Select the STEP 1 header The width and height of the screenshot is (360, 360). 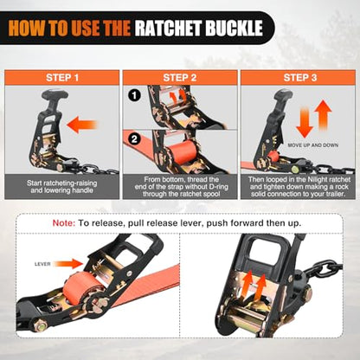coord(62,78)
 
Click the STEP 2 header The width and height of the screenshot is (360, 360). coord(180,78)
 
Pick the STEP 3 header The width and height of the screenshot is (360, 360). coord(300,78)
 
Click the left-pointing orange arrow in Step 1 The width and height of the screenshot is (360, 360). coord(82,125)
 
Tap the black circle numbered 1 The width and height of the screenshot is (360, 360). coord(134,95)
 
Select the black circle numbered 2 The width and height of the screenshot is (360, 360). coord(134,139)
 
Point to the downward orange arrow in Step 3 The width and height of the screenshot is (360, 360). coord(305,122)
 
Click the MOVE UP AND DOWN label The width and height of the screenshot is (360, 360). coord(312,145)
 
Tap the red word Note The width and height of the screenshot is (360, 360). coord(64,223)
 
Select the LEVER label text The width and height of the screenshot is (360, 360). coord(42,264)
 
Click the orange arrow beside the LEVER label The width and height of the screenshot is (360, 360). coord(68,264)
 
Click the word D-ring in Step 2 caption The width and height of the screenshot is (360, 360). coord(217,187)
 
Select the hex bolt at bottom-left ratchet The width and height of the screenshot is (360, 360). coord(41,326)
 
